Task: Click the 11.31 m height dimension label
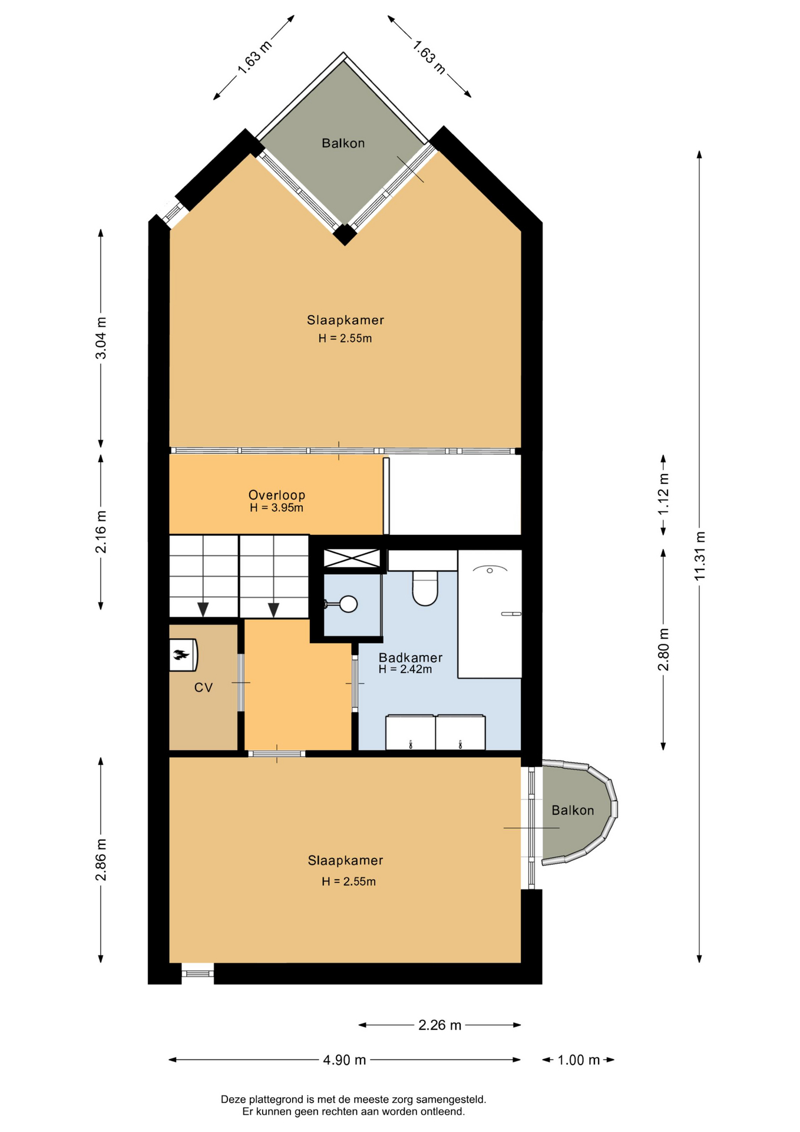pos(699,556)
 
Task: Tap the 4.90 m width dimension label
pos(345,1059)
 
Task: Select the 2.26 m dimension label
pos(439,1025)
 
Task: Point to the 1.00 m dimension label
pos(578,1059)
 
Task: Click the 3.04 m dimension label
pos(101,338)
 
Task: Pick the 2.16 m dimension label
pos(101,532)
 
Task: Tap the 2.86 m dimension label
pos(101,859)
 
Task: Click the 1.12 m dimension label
pos(663,494)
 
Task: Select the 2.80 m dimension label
pos(663,649)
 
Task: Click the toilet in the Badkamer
pos(425,588)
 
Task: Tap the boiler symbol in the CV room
pos(183,654)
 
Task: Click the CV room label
pos(203,687)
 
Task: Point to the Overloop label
pos(276,495)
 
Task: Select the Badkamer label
pos(410,657)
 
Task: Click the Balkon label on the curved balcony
pos(573,810)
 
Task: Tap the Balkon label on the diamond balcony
pos(343,143)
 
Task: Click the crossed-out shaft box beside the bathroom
pos(352,558)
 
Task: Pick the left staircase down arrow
pos(203,610)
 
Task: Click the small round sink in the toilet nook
pos(348,604)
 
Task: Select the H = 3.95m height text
pos(276,508)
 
